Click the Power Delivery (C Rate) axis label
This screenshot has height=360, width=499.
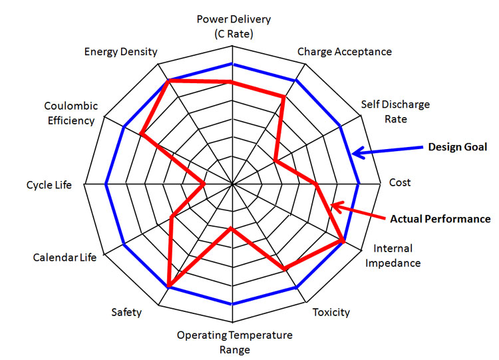[x=234, y=26]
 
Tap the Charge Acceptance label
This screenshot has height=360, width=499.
[x=345, y=51]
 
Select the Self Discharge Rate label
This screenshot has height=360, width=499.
[x=395, y=111]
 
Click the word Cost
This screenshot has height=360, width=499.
[x=400, y=182]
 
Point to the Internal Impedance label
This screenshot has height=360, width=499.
[x=393, y=256]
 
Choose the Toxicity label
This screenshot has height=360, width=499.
[x=331, y=312]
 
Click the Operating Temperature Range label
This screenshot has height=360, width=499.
[x=235, y=342]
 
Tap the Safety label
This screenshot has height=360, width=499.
[x=126, y=312]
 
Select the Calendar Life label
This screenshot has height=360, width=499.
[x=65, y=257]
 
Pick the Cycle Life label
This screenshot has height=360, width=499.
[x=49, y=185]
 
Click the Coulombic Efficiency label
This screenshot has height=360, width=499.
[x=71, y=113]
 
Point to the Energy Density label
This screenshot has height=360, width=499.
[x=120, y=52]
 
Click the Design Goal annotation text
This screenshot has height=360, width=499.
[x=458, y=147]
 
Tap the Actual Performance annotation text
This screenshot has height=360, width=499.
[x=440, y=219]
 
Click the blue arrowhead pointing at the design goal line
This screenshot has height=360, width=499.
[x=358, y=152]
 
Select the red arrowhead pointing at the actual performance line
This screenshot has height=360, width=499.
[x=337, y=207]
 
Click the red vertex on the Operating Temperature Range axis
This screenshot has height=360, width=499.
[x=232, y=228]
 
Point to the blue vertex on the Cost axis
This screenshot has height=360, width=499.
[x=359, y=184]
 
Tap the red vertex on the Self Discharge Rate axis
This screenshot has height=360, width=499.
[x=275, y=160]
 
